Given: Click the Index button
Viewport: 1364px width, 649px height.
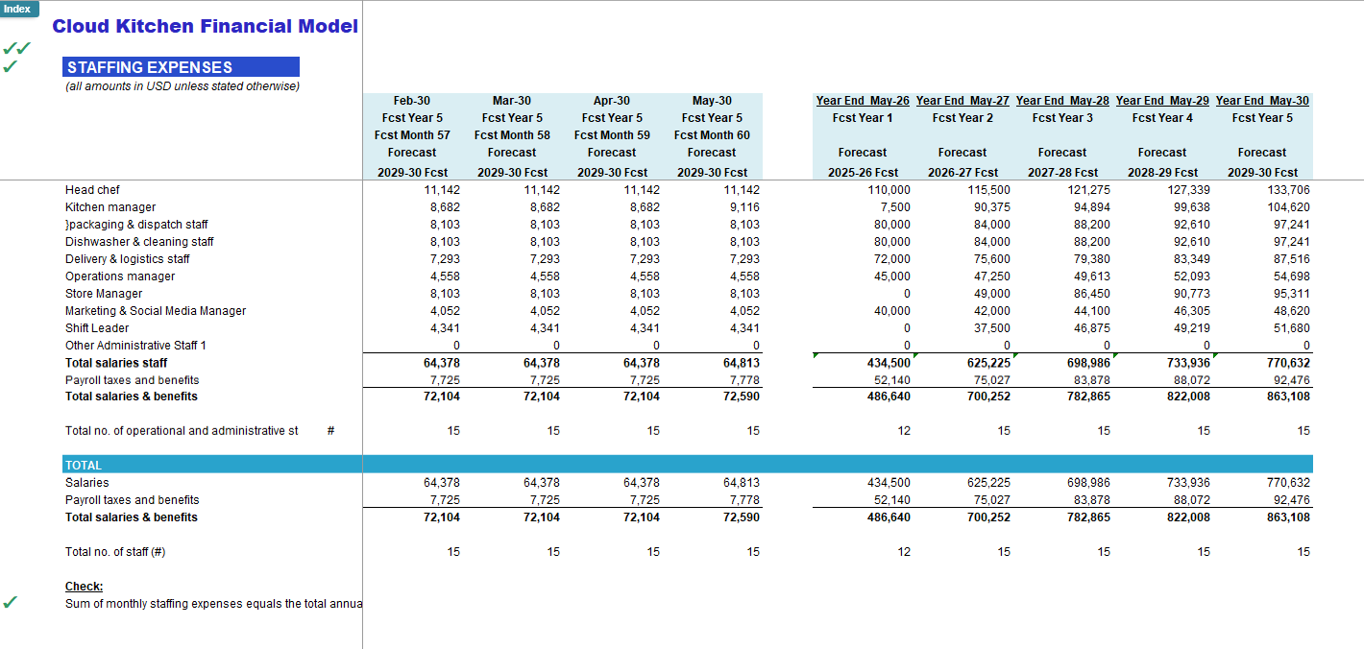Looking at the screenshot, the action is tap(19, 9).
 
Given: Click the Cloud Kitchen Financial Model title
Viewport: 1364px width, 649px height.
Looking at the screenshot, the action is tap(205, 26).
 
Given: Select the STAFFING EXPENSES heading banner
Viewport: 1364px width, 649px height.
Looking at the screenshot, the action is tap(181, 67).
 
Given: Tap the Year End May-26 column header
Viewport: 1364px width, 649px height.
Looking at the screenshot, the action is tap(863, 101).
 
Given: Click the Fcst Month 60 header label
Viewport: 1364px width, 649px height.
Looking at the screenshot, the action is tap(712, 135).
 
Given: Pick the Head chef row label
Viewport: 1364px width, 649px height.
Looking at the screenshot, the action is tap(92, 190).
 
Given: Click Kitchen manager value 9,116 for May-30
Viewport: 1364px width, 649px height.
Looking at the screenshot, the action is tap(744, 207).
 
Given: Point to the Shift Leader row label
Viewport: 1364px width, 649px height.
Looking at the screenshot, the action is tap(97, 328).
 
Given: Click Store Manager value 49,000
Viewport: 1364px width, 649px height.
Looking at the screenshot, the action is tap(991, 294).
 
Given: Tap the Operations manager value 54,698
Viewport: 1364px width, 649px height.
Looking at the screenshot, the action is tap(1292, 276).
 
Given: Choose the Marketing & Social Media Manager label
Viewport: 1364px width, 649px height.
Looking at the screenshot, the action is tap(156, 311).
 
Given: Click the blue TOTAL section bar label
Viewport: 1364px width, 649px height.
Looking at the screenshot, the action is tap(84, 465).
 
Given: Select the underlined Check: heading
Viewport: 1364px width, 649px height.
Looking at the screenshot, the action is tap(84, 587).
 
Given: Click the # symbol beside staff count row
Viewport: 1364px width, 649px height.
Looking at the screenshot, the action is tap(330, 431).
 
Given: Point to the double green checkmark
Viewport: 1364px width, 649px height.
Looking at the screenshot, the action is tap(17, 48).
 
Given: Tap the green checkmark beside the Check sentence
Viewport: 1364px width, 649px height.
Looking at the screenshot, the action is tap(11, 602).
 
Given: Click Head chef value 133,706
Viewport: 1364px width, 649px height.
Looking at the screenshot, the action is tap(1288, 190).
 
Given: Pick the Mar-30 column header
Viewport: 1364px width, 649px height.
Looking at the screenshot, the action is tap(511, 101).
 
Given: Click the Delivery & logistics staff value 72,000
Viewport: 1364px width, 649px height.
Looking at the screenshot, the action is tap(892, 259).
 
